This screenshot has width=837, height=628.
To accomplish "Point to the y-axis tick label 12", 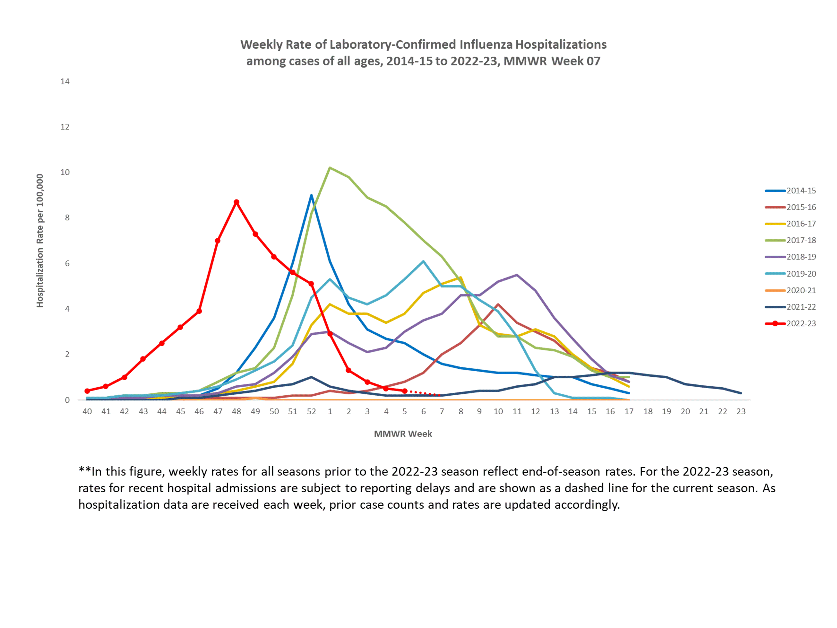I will [65, 127].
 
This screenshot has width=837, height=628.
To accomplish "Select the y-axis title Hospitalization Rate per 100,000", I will [40, 241].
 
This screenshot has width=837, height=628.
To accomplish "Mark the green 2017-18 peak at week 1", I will [330, 168].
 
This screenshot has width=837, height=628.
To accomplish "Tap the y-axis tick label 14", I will [65, 81].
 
